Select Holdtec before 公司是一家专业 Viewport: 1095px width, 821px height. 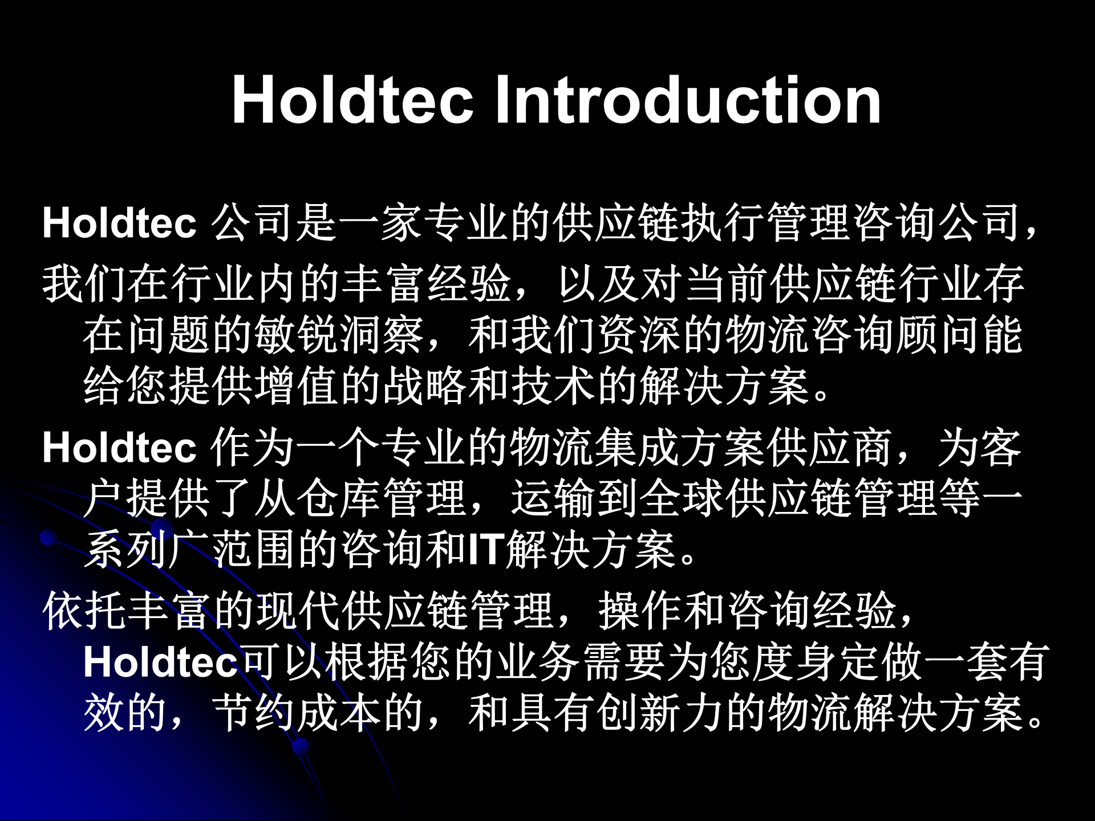pyautogui.click(x=119, y=223)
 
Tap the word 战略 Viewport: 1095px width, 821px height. pyautogui.click(x=425, y=387)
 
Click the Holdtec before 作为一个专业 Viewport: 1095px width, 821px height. pyautogui.click(x=119, y=448)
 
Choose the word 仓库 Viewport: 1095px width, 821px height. pyautogui.click(x=339, y=498)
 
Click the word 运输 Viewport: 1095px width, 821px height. pyautogui.click(x=553, y=498)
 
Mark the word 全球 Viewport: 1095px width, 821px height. pyautogui.click(x=682, y=498)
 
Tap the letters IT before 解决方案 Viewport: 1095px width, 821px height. pyautogui.click(x=484, y=550)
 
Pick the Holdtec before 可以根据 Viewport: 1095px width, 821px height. pyautogui.click(x=160, y=663)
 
